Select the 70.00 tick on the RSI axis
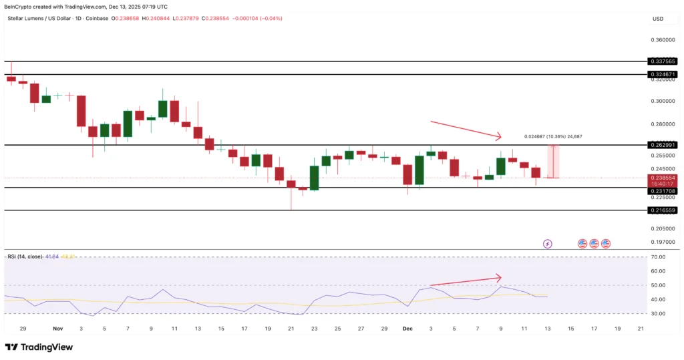pyautogui.click(x=659, y=257)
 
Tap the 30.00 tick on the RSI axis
pyautogui.click(x=659, y=313)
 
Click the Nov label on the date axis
pyautogui.click(x=57, y=329)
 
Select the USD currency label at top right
pyautogui.click(x=657, y=19)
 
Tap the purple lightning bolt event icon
pyautogui.click(x=548, y=244)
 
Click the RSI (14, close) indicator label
pyautogui.click(x=25, y=256)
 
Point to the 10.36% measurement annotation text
pyautogui.click(x=553, y=136)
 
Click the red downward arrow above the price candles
pyautogui.click(x=466, y=130)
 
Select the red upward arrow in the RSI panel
pyautogui.click(x=466, y=281)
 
